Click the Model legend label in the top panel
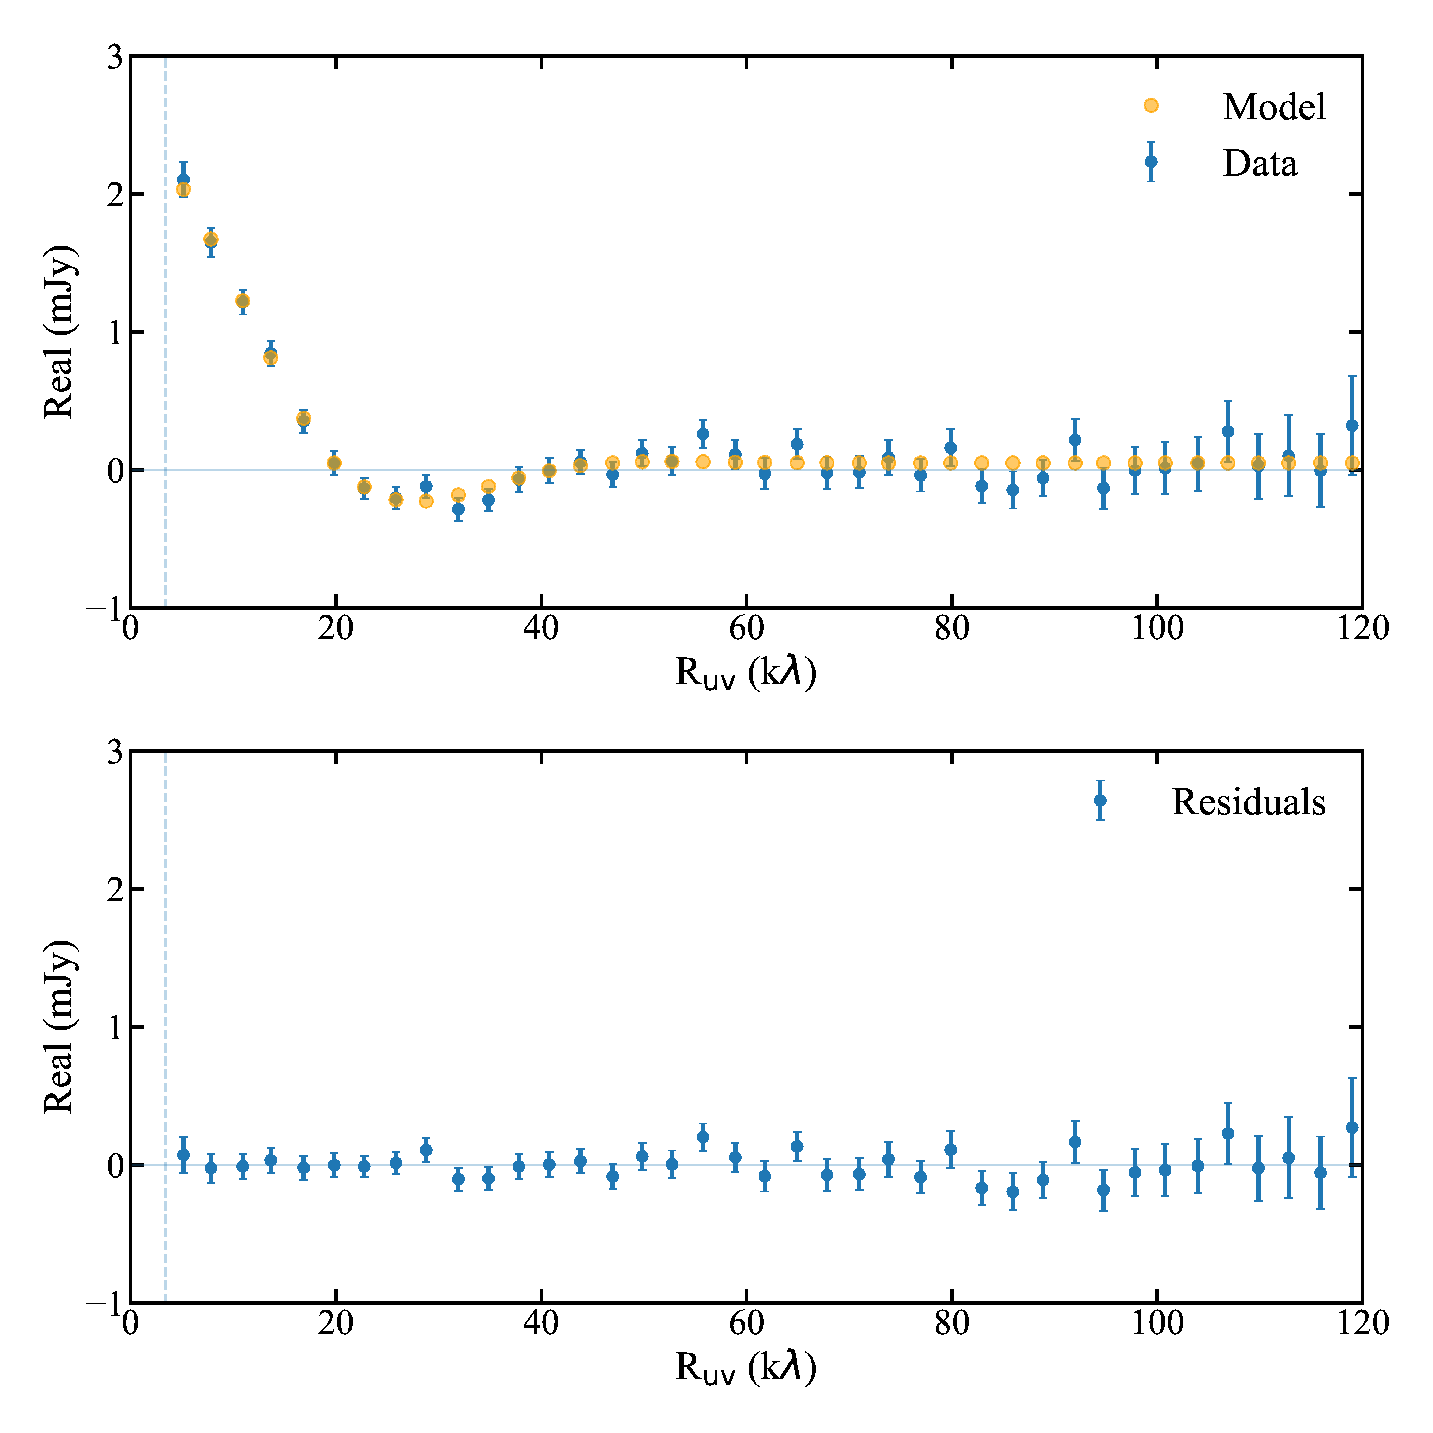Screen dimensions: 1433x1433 [1273, 107]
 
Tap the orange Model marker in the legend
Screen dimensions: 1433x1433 [1150, 105]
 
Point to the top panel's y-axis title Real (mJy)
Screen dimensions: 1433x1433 [59, 332]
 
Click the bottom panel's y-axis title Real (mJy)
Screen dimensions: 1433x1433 [59, 1027]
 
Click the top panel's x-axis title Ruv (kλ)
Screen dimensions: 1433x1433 [745, 673]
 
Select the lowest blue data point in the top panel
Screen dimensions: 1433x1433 [458, 509]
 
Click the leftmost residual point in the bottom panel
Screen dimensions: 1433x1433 [183, 1155]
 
